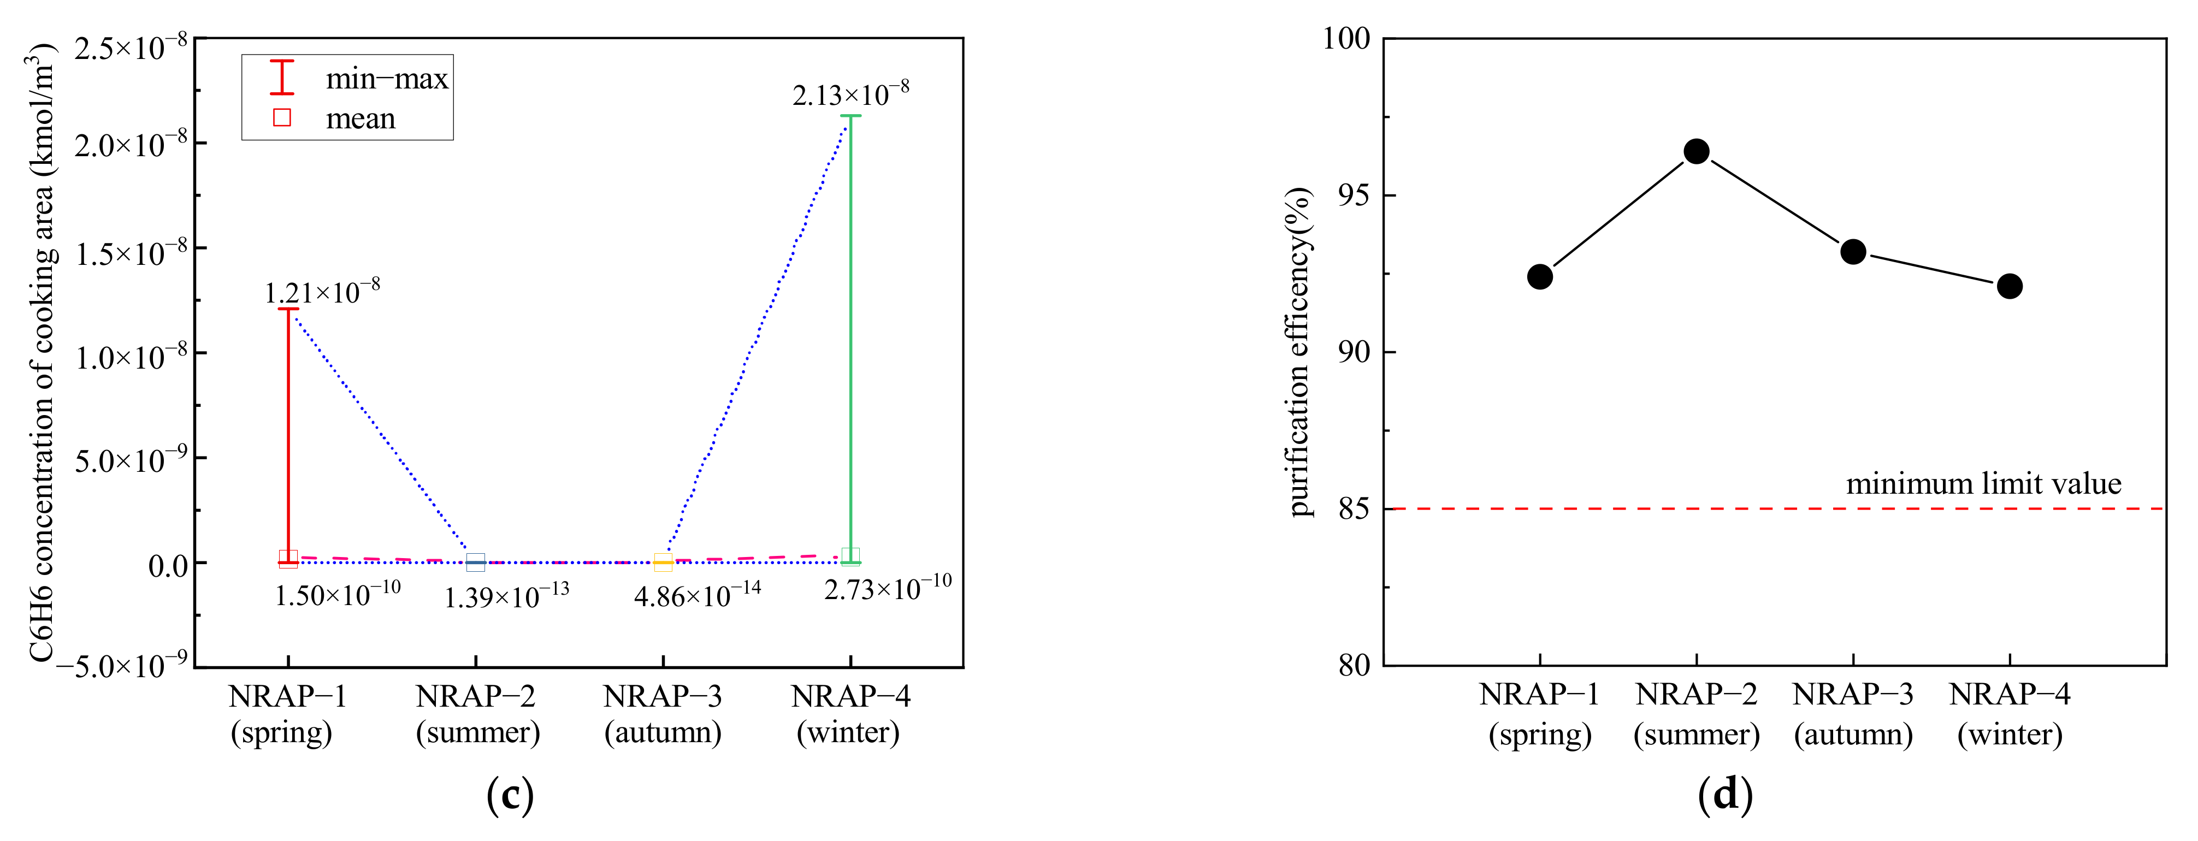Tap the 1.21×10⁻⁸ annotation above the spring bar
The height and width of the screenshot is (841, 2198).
click(322, 292)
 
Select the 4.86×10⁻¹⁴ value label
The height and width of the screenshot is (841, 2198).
click(696, 595)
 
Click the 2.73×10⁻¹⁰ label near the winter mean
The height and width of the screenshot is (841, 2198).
click(888, 587)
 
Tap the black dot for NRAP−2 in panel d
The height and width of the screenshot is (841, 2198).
click(1696, 152)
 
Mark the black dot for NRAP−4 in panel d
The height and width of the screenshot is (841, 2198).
click(2010, 286)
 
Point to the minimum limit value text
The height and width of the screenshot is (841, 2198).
click(1983, 484)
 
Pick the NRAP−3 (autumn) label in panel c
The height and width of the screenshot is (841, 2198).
click(663, 714)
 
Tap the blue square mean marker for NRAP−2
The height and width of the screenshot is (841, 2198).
click(475, 562)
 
